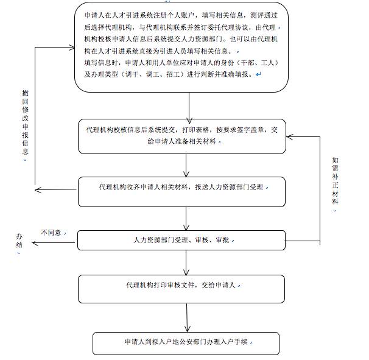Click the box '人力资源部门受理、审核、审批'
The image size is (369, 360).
[181, 240]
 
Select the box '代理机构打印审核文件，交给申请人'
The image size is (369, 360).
[181, 289]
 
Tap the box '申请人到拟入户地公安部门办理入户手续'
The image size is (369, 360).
[186, 344]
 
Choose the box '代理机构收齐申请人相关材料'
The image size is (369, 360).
[181, 192]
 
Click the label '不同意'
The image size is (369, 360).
[51, 233]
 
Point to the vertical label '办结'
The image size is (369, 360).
[19, 241]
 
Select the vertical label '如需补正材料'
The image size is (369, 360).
[335, 180]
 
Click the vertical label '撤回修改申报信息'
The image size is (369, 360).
[26, 122]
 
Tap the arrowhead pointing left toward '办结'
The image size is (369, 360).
[35, 243]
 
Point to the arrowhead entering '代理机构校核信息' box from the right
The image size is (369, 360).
[289, 136]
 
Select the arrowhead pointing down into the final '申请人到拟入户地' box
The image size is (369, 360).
[187, 329]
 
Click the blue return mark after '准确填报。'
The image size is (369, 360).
[258, 74]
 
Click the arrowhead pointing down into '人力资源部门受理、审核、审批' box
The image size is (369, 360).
[186, 227]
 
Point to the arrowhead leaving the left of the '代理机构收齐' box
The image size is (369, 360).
[38, 190]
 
